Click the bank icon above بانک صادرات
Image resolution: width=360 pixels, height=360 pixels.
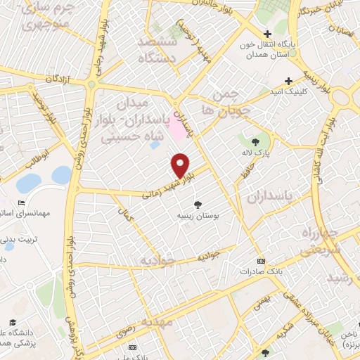coord(261,259)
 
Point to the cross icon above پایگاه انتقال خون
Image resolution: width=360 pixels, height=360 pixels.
coord(267,34)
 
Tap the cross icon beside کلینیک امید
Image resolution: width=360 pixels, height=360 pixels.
coord(287,81)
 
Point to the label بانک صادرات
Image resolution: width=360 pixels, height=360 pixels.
coord(261,271)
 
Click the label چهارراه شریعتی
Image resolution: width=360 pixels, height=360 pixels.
coord(320,240)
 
